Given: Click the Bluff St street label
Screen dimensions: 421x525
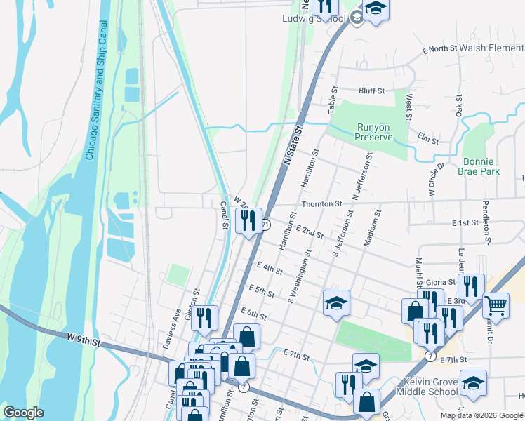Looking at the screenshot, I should click(x=371, y=91).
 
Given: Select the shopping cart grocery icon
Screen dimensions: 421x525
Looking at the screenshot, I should click(x=496, y=305).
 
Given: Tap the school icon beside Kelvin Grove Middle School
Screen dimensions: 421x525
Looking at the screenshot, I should click(x=473, y=383).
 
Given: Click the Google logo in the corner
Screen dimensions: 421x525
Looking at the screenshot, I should click(x=23, y=413).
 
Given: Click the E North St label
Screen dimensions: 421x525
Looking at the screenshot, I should click(x=439, y=49).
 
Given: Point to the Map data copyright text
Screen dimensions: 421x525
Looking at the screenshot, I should click(x=482, y=415).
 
